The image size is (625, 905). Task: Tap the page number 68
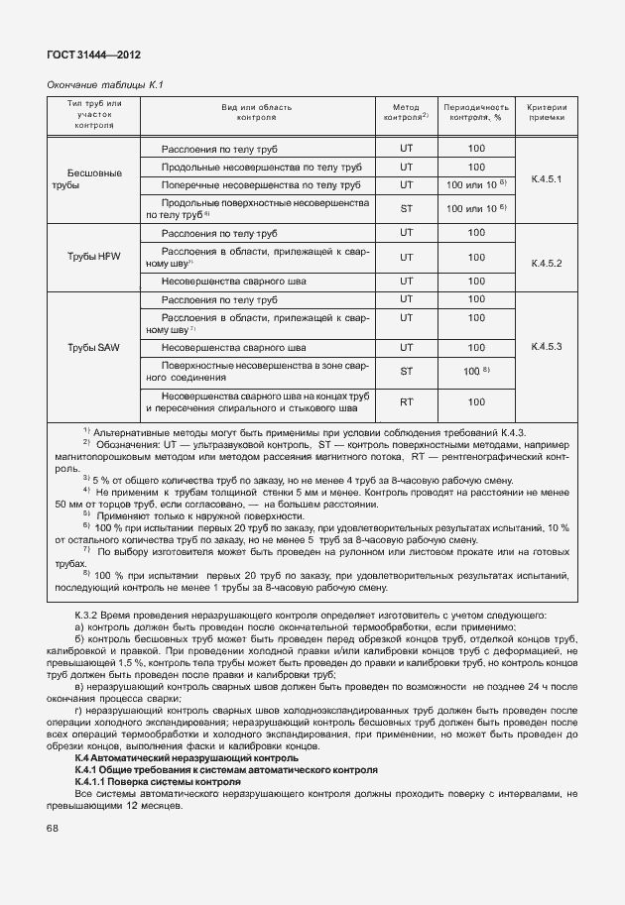52,829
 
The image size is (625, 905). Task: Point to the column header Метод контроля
406,111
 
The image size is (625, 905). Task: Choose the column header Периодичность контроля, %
476,111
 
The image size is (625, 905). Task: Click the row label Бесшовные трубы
93,179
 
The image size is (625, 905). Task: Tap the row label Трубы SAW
93,348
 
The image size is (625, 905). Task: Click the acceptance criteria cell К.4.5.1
547,179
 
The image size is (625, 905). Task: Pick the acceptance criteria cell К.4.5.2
547,264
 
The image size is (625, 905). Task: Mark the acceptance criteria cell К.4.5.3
547,347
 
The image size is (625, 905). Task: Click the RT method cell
406,401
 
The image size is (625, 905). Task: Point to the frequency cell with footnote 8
477,371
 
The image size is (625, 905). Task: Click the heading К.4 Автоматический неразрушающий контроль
180,758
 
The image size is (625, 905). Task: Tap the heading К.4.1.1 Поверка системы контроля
158,782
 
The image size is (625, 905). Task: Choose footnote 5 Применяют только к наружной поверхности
198,516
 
